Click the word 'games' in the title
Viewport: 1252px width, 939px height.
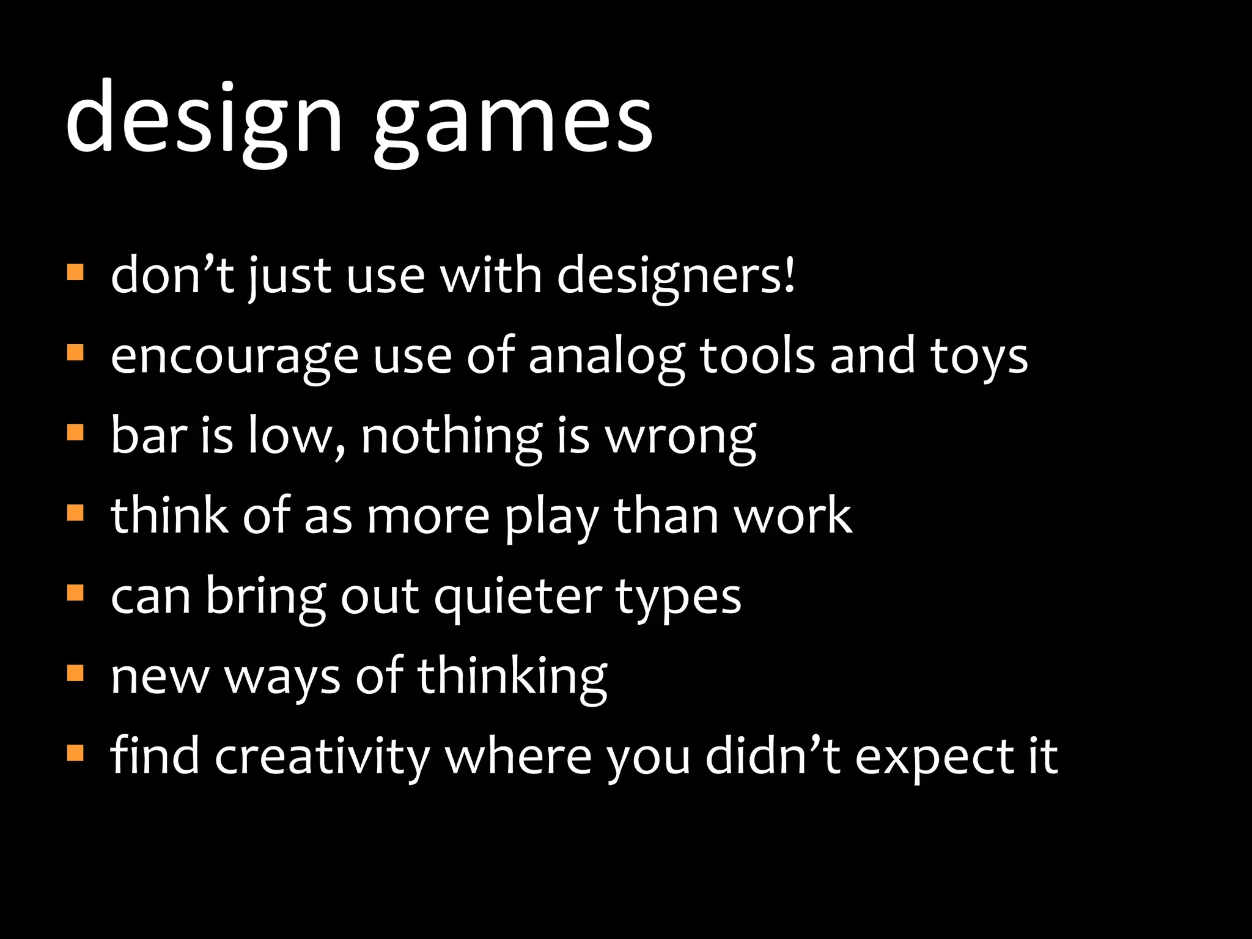tap(514, 122)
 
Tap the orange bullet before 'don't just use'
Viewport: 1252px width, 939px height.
tap(75, 272)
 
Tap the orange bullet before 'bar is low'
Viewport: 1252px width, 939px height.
tap(75, 433)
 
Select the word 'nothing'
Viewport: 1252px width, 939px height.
tap(451, 437)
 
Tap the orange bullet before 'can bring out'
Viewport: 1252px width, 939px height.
tap(75, 593)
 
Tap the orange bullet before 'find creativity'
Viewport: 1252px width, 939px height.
tap(75, 753)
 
